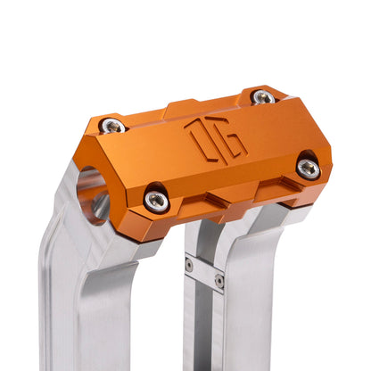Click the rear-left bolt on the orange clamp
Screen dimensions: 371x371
pos(111,126)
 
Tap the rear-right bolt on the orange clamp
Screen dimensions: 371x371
pos(262,96)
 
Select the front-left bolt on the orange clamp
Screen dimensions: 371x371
pos(156,201)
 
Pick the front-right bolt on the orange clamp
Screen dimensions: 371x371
pos(308,167)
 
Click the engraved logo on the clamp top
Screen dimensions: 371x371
pos(215,142)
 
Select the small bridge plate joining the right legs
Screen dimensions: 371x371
pos(204,272)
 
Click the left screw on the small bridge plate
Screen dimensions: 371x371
pos(189,265)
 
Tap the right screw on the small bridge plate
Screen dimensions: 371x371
pos(219,280)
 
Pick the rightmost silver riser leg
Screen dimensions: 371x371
pos(268,303)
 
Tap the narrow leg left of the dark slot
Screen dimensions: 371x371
pos(191,321)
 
